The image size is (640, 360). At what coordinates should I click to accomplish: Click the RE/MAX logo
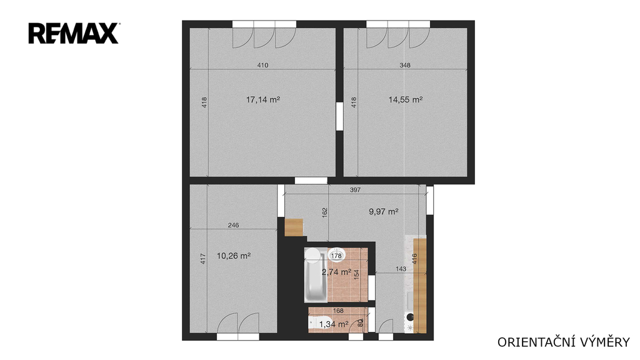74,34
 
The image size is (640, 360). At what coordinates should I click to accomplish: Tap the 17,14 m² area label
263,99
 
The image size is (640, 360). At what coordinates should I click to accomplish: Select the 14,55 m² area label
405,99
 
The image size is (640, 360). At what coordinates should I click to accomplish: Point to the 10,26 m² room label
234,256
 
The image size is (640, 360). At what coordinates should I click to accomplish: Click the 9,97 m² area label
384,211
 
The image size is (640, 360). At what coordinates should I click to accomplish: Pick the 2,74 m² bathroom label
336,272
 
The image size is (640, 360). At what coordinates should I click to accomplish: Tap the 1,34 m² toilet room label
334,324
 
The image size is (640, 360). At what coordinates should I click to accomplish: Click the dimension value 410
263,65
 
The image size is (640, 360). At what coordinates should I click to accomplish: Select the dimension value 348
405,65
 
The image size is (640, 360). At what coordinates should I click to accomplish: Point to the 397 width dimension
355,190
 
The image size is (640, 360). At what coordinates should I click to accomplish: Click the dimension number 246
234,225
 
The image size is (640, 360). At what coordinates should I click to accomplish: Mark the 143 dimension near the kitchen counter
401,269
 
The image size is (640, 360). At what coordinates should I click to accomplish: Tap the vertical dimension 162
325,212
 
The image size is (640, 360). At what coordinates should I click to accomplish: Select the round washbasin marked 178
337,255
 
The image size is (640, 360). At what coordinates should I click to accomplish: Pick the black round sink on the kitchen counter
410,316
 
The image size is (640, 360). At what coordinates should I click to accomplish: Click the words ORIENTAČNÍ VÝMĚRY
564,342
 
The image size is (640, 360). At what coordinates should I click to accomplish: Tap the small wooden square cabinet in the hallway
294,227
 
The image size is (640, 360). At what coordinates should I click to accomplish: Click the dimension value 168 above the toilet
338,311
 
